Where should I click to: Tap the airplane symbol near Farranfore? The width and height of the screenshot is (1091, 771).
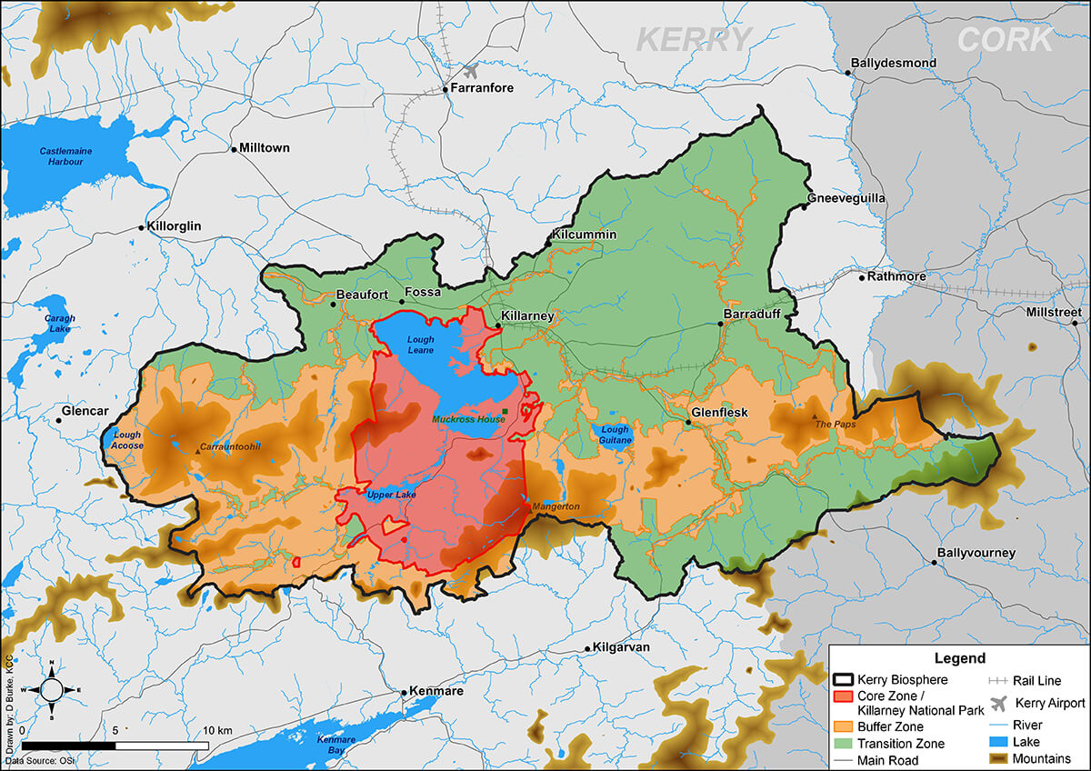[x=471, y=71]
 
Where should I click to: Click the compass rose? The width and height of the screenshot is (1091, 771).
[x=52, y=689]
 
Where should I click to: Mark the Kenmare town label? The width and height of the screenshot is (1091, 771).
[x=437, y=691]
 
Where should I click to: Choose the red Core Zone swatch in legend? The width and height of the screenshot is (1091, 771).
[x=843, y=696]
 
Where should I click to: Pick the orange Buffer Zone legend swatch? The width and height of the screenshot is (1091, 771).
[x=843, y=726]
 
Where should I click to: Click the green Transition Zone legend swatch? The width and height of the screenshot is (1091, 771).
[x=843, y=743]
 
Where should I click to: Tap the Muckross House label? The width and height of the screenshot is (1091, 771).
[x=468, y=419]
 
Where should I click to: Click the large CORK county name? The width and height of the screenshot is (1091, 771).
[x=1005, y=40]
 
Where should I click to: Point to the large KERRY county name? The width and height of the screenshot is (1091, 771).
[x=695, y=40]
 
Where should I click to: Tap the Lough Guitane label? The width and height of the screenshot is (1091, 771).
[x=615, y=436]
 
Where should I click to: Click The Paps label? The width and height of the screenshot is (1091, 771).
[x=836, y=424]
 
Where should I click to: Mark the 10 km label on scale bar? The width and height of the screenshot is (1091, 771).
[x=218, y=730]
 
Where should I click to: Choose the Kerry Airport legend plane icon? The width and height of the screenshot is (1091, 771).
[x=999, y=703]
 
